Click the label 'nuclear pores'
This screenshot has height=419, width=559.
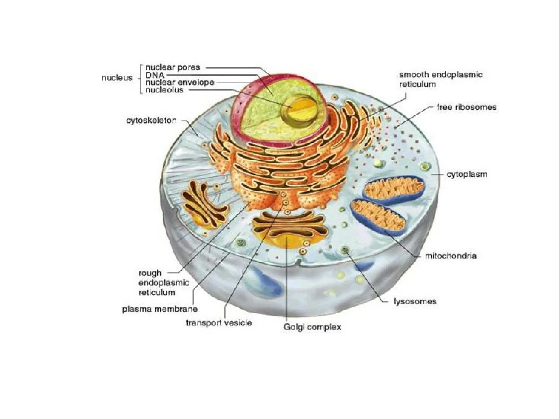pyautogui.click(x=173, y=67)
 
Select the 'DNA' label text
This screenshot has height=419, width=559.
pyautogui.click(x=155, y=75)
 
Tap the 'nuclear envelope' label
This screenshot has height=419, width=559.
pyautogui.click(x=180, y=82)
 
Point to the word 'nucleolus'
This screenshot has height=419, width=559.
pyautogui.click(x=164, y=90)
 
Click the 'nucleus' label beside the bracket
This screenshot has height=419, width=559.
pyautogui.click(x=117, y=78)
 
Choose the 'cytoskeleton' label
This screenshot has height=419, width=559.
pyautogui.click(x=151, y=120)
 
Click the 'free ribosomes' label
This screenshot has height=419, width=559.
pyautogui.click(x=466, y=107)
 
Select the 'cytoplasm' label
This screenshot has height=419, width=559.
pyautogui.click(x=467, y=174)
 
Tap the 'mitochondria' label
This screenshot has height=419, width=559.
pyautogui.click(x=451, y=256)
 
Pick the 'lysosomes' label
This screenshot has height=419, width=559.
pyautogui.click(x=415, y=301)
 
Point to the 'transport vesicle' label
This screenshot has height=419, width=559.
pyautogui.click(x=219, y=323)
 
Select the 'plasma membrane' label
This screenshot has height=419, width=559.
pyautogui.click(x=160, y=309)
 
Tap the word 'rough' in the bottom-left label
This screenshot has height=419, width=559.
pyautogui.click(x=150, y=273)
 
